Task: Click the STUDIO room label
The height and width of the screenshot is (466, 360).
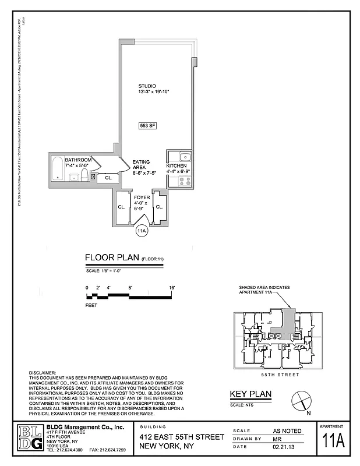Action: [147, 86]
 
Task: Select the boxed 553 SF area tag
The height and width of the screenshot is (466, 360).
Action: [147, 125]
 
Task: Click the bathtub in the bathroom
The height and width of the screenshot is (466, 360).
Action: [58, 169]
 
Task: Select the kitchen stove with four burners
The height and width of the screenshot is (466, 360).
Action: [184, 181]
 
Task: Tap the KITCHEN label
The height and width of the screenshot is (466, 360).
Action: [177, 166]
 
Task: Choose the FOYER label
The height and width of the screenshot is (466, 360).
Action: [142, 197]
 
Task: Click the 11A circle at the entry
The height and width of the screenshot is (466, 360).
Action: [141, 231]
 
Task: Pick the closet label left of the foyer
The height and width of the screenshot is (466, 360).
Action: [122, 207]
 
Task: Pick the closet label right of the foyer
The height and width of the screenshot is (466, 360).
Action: [159, 207]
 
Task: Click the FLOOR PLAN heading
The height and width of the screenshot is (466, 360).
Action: [111, 257]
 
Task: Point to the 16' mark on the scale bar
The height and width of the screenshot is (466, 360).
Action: [172, 288]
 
